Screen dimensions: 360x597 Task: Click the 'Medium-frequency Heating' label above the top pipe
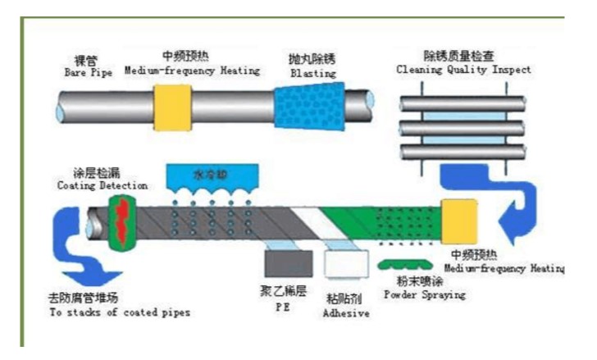(192, 71)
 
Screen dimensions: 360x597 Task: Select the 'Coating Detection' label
(90, 185)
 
